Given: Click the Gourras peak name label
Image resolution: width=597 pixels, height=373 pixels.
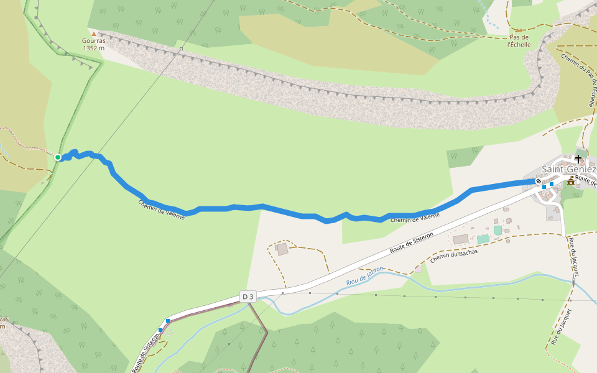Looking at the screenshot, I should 94,40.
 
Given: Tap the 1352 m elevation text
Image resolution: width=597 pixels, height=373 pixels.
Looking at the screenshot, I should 94,48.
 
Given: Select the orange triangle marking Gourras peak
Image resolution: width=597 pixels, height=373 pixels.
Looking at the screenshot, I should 94,34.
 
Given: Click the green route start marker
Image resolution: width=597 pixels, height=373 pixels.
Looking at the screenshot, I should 58,157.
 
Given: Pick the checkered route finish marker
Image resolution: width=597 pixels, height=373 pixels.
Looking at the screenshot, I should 539,182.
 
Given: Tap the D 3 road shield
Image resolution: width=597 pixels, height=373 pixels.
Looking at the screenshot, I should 248,297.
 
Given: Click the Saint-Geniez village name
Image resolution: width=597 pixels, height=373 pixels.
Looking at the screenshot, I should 568,169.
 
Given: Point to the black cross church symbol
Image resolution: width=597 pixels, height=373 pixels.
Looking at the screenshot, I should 578,159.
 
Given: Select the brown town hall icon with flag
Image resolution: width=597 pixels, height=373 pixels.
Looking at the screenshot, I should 570,181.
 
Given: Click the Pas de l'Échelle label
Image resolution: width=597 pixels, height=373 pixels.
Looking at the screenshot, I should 519,40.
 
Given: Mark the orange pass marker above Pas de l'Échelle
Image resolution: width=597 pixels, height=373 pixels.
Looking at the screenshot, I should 519,29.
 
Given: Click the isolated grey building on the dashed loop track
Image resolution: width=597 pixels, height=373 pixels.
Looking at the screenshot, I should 282,249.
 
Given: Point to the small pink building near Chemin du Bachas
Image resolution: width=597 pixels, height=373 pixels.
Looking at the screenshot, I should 419,269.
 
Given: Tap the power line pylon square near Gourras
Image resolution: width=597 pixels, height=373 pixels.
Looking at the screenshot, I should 181,48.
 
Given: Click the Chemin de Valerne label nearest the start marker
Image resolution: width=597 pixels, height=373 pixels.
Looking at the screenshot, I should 161,214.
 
